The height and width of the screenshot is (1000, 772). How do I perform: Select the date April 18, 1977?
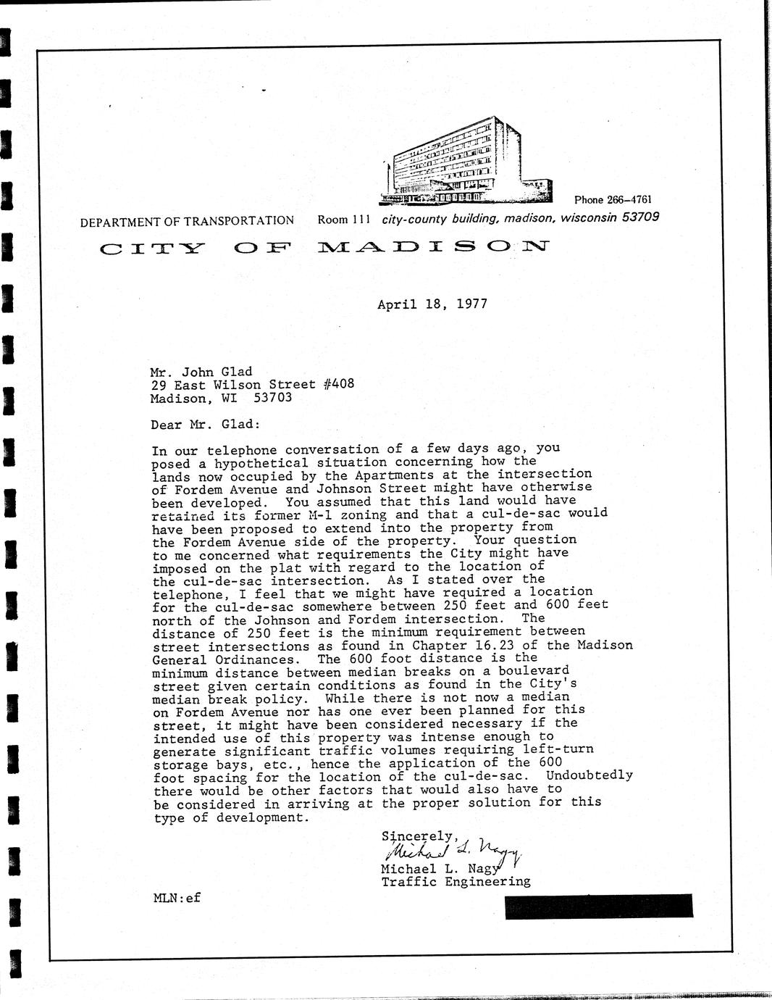432,304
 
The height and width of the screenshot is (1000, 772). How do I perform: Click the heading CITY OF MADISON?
324,249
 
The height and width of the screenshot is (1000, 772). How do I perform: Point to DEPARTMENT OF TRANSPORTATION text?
187,221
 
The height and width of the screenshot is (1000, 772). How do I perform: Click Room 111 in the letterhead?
344,220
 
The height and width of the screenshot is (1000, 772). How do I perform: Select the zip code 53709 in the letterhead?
640,217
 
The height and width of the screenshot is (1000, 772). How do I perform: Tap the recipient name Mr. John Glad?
201,372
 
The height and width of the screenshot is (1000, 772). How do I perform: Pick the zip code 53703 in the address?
273,398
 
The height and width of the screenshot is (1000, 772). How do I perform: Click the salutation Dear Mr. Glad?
205,425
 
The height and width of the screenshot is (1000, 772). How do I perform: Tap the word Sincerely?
419,836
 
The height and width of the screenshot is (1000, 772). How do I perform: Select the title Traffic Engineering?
456,882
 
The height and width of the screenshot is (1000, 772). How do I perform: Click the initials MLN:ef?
177,898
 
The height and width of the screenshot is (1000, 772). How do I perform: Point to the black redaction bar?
598,907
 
